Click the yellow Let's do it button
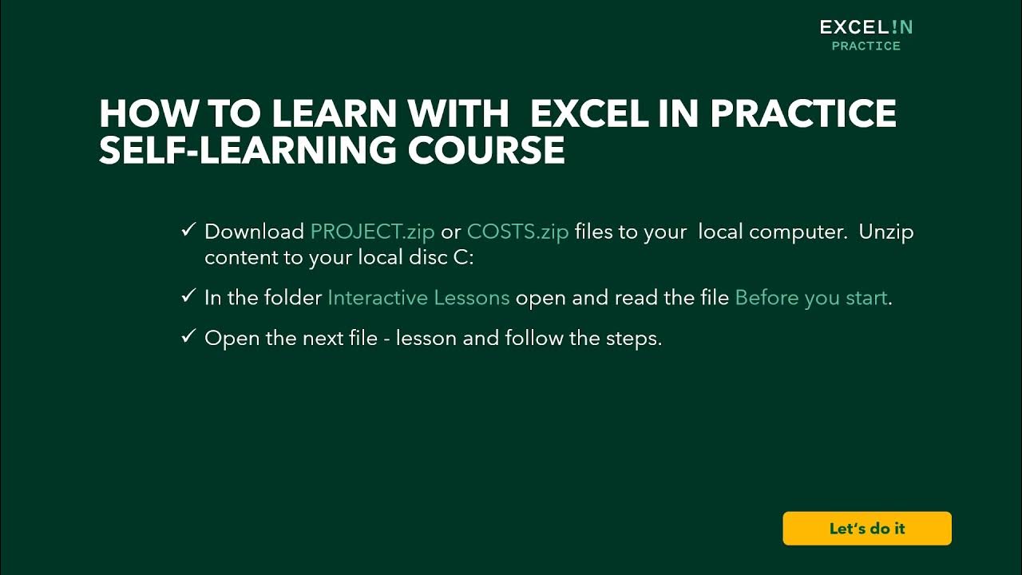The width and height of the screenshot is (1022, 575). click(x=867, y=529)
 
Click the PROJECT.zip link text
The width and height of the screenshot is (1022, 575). click(x=372, y=232)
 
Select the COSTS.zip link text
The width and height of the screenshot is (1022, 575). click(x=517, y=232)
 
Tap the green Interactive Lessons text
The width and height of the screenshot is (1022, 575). click(x=418, y=298)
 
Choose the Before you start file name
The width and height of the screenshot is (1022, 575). click(x=811, y=298)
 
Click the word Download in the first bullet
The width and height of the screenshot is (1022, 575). click(x=254, y=232)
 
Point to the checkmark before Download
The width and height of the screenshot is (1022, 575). click(x=188, y=231)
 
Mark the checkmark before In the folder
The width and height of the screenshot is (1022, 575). click(x=188, y=297)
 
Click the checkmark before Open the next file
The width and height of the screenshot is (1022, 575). click(x=188, y=337)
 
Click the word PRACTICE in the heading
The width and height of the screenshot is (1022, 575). click(x=803, y=114)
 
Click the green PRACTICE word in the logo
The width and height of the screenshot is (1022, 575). click(x=866, y=46)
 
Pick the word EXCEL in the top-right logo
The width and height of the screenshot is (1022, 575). click(x=853, y=27)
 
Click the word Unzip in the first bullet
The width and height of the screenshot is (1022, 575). click(x=886, y=232)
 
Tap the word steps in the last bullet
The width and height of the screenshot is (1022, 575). click(x=636, y=338)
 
